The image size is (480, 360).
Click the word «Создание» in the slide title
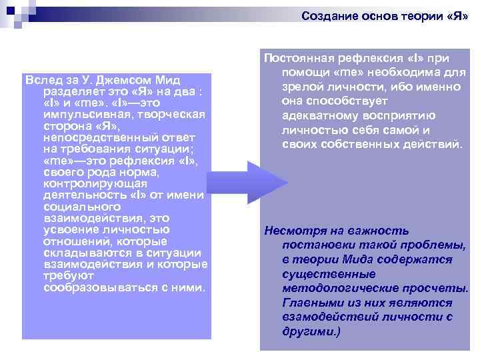click(325, 15)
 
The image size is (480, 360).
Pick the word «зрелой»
click(301, 86)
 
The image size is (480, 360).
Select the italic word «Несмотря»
click(293, 231)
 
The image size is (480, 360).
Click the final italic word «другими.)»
click(311, 331)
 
